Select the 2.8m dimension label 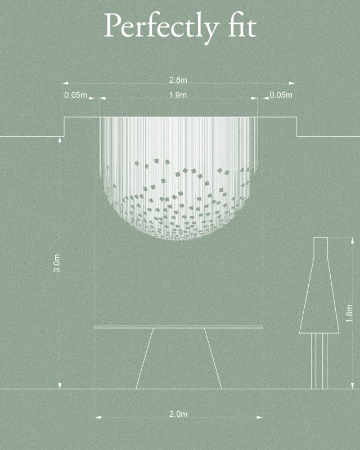click(178, 80)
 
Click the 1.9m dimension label click(178, 94)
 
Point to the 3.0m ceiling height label click(57, 263)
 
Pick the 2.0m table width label click(178, 414)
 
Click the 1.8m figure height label click(349, 313)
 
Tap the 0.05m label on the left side click(75, 95)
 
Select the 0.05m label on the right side click(281, 95)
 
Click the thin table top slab click(178, 327)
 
